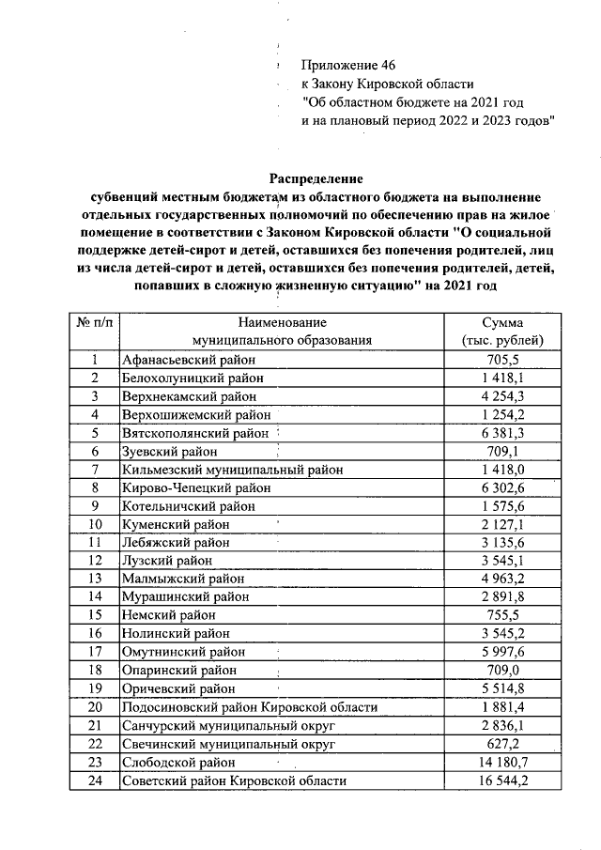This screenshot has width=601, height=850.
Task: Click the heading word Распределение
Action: click(316, 178)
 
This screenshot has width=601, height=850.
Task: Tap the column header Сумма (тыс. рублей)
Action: click(501, 331)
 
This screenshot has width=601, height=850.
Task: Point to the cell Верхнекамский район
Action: click(193, 395)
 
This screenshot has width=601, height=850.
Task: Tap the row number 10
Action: click(95, 523)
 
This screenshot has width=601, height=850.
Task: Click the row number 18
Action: click(95, 670)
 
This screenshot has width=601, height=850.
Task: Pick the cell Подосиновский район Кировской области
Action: click(249, 706)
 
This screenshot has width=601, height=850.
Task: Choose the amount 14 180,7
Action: click(500, 762)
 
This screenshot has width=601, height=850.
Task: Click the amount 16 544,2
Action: click(500, 780)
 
